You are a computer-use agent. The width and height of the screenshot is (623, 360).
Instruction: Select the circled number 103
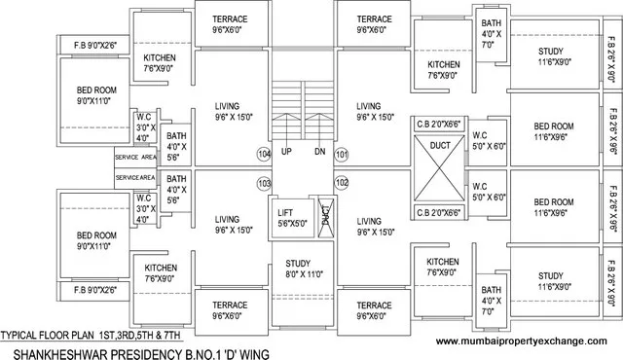pos(263,182)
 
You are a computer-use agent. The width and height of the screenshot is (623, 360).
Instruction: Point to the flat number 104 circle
pos(263,154)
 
